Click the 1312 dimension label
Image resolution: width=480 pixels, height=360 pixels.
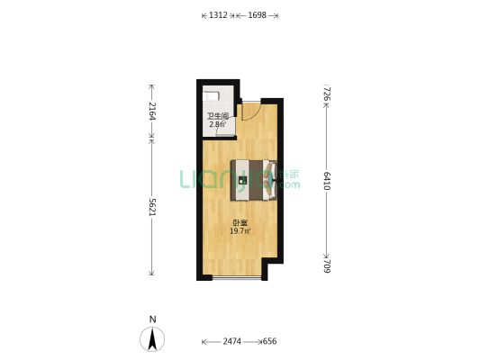(218, 15)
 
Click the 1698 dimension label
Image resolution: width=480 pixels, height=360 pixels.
(257, 15)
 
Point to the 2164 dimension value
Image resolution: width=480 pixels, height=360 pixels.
(152, 111)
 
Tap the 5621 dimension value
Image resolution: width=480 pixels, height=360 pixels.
(152, 207)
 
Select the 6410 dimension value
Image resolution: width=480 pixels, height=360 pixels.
(327, 181)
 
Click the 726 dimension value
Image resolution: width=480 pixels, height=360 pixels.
(327, 94)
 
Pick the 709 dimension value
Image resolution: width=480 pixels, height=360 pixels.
(327, 266)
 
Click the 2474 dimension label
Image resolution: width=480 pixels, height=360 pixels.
(231, 341)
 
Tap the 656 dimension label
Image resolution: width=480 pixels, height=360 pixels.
(269, 341)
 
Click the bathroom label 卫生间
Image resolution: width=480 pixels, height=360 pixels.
(218, 116)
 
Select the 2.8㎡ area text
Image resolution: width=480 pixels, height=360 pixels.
(217, 124)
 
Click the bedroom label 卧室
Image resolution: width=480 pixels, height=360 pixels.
(240, 223)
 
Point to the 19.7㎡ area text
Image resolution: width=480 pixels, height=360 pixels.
(240, 231)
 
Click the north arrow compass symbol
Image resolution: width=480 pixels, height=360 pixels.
(152, 339)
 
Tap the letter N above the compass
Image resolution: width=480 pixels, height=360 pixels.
(152, 319)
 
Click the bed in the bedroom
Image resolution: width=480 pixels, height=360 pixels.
(254, 181)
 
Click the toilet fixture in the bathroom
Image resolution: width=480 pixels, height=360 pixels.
(211, 95)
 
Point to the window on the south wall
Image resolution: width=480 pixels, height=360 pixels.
(237, 278)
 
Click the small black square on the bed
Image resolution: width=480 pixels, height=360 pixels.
(243, 181)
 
